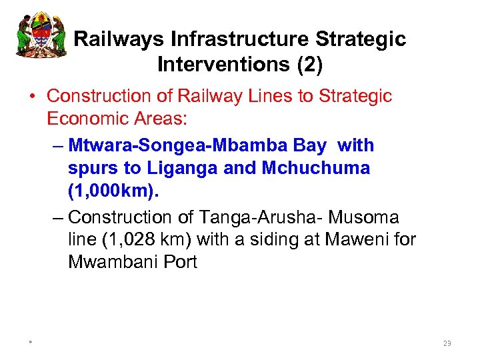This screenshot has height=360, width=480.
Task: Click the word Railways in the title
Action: click(x=119, y=39)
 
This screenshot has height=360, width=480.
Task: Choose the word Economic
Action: click(x=89, y=119)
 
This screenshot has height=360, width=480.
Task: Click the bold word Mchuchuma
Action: click(x=315, y=168)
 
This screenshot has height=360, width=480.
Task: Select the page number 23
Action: click(x=447, y=343)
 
